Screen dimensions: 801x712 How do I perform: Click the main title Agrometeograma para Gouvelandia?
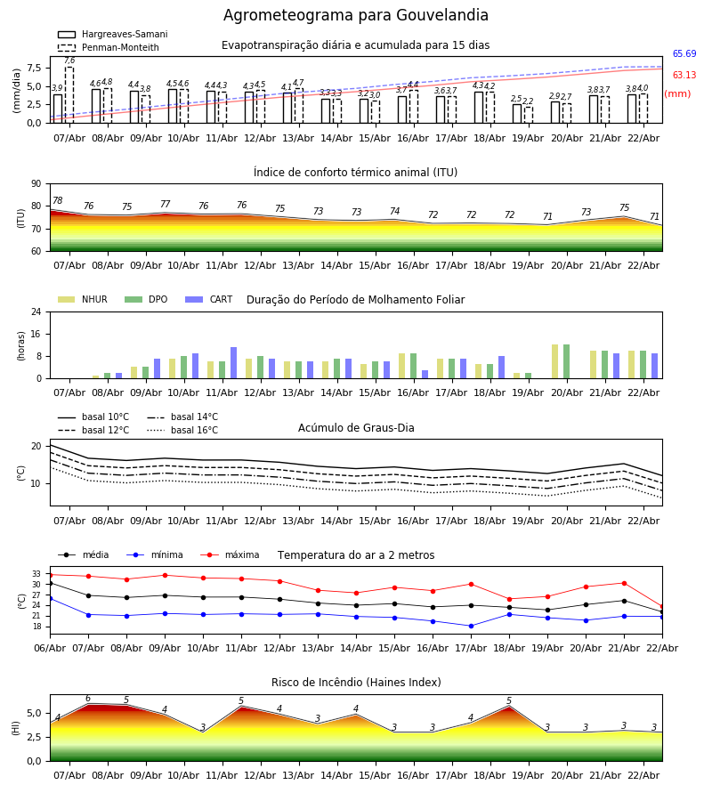coord(356,16)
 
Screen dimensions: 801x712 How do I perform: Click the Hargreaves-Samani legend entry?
coord(124,35)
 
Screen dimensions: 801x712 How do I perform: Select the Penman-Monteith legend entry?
coord(120,48)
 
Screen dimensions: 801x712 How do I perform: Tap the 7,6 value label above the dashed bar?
coord(69,61)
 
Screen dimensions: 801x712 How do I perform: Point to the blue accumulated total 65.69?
coord(684,54)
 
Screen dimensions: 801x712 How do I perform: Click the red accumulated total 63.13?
coord(684,76)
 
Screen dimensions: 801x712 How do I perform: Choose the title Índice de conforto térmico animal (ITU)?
coord(355,173)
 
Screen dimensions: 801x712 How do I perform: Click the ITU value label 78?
coord(58,201)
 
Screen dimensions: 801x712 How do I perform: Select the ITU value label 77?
coord(165,205)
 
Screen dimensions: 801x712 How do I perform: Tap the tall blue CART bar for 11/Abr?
coord(234,362)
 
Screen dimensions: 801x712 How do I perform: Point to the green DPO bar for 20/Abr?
coord(566,361)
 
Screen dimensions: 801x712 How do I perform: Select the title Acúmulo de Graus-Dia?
coord(356,428)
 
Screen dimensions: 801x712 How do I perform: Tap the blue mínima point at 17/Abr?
coord(471,626)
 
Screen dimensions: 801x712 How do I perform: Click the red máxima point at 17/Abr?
coord(471,584)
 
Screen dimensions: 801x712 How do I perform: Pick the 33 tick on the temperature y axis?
coord(36,574)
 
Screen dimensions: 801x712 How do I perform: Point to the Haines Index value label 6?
coord(88,699)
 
